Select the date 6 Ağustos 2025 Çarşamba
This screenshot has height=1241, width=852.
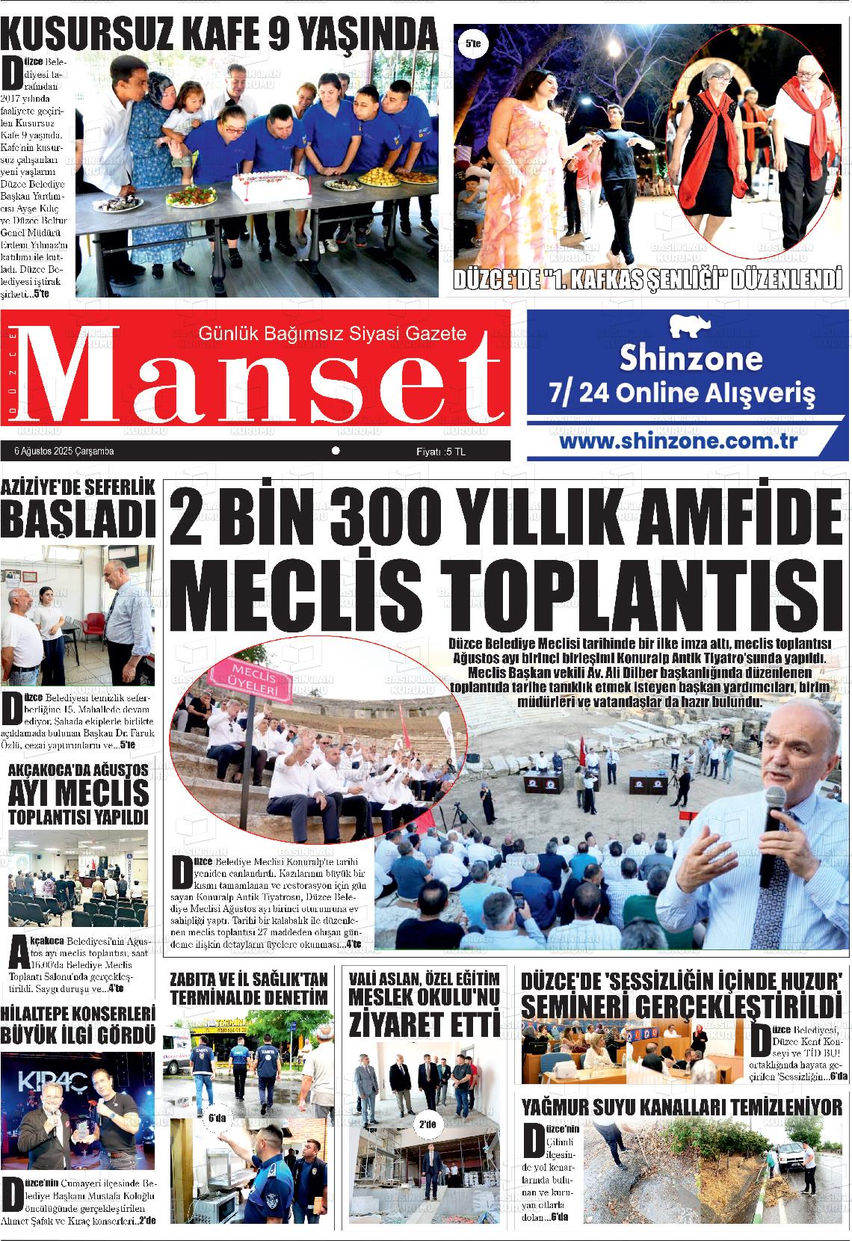point(64,452)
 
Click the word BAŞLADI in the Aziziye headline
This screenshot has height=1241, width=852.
point(78,518)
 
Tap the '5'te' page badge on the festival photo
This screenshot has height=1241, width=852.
point(472,45)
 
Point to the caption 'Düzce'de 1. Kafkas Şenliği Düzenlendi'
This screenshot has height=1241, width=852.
point(647,281)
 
